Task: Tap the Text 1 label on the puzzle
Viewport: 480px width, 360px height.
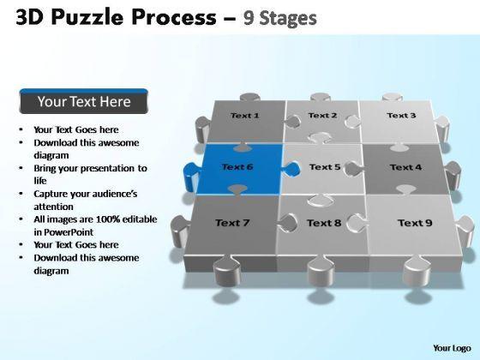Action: (x=244, y=116)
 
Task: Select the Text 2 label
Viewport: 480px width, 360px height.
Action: (x=322, y=115)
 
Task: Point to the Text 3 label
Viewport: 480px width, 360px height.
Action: (x=401, y=115)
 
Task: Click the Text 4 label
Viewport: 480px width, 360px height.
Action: (x=405, y=167)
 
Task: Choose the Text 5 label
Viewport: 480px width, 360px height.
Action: (x=325, y=167)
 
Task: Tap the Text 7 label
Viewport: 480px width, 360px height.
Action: (x=232, y=223)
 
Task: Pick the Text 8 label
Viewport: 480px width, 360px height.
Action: (x=324, y=223)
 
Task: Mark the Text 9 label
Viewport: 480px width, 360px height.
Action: (x=415, y=223)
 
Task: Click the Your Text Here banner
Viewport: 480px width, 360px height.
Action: (x=84, y=101)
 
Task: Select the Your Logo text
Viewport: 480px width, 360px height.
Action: (x=452, y=348)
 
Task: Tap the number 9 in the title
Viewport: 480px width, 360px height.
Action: (x=249, y=18)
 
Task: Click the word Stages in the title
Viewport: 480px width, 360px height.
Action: (x=288, y=19)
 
